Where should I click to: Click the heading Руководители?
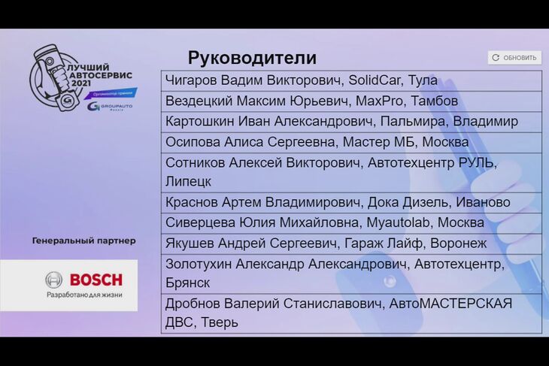(252, 58)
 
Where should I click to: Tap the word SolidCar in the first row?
(375, 80)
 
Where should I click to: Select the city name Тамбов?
(434, 101)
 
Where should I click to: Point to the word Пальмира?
(412, 122)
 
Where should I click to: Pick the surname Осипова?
(193, 142)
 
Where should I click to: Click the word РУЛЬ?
(476, 163)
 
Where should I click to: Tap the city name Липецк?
(188, 182)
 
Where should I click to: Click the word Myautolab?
(398, 222)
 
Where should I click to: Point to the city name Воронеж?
(458, 243)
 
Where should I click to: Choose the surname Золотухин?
(199, 264)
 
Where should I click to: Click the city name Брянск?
(188, 283)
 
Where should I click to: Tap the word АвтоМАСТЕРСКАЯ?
(450, 304)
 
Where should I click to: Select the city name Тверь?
(220, 322)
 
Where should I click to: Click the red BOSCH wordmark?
(96, 280)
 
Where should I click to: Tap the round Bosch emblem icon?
(54, 280)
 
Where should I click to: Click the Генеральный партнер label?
(84, 240)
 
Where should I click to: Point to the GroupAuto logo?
(110, 107)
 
